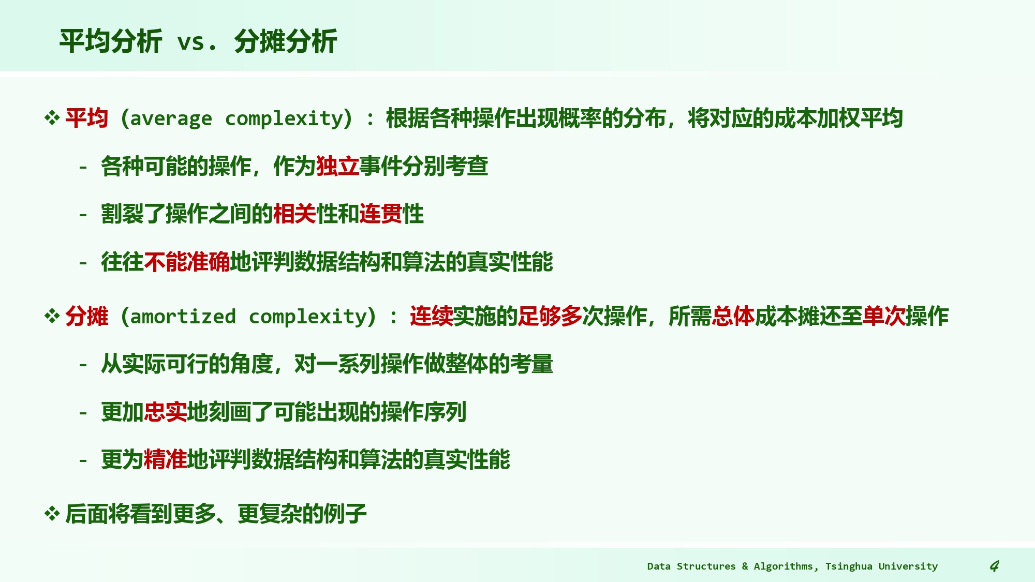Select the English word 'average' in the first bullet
[171, 119]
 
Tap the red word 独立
[337, 166]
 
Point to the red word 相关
[294, 214]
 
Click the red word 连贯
[380, 214]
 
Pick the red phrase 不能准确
[187, 262]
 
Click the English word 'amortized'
[183, 317]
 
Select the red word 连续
[431, 316]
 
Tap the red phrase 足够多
[550, 316]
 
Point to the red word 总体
[733, 316]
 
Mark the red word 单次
[884, 316]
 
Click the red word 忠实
[165, 412]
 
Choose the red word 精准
[165, 459]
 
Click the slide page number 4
[994, 566]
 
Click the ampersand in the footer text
[745, 566]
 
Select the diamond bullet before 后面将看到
[52, 514]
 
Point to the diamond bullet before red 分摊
[52, 316]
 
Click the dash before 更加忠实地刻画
[83, 413]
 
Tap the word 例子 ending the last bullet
[345, 514]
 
